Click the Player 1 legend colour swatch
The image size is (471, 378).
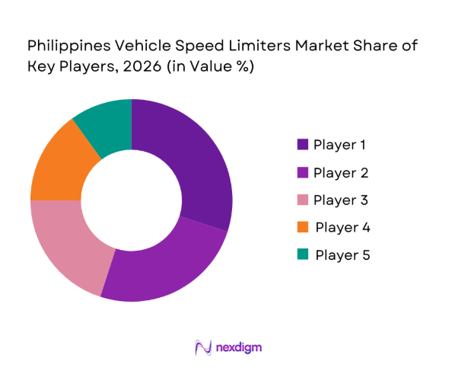[x=302, y=144]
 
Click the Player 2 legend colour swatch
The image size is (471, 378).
[x=302, y=172]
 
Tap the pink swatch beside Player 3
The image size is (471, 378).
[x=302, y=200]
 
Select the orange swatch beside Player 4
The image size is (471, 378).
[x=302, y=227]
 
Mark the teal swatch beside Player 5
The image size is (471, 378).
[x=302, y=255]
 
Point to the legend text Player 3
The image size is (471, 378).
[x=342, y=200]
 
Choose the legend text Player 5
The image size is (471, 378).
[x=342, y=255]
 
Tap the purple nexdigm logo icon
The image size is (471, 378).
[x=203, y=348]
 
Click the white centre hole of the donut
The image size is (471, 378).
[x=132, y=200]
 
